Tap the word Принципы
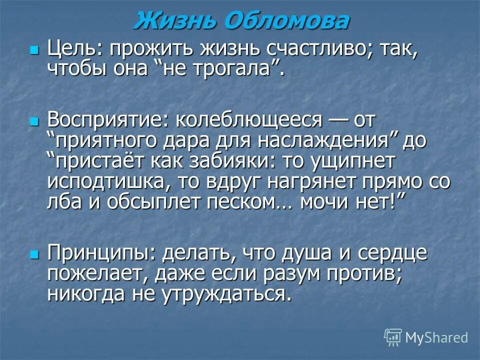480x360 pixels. coord(101,253)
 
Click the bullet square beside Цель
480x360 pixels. coord(34,50)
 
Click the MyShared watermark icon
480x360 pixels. coord(393,337)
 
